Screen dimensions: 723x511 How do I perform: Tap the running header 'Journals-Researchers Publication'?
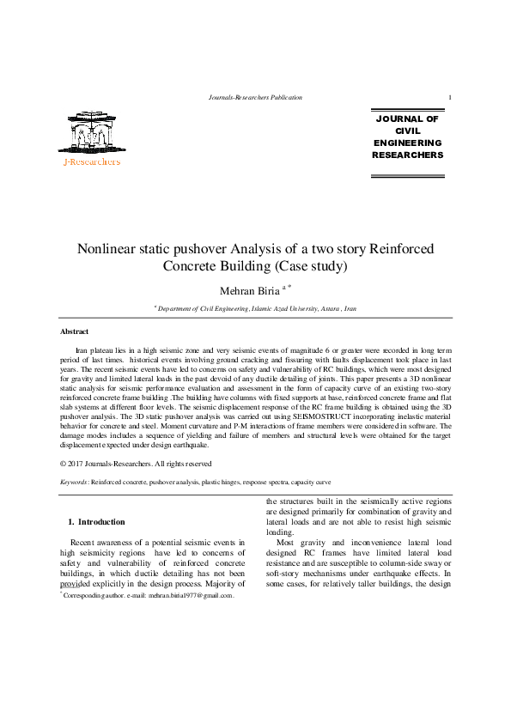256,98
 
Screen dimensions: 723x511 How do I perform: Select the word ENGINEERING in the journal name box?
407,143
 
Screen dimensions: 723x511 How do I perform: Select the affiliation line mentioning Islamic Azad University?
255,307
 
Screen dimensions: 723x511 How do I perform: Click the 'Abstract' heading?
74,331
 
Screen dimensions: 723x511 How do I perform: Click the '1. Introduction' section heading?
96,522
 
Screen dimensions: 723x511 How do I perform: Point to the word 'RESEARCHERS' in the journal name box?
407,155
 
